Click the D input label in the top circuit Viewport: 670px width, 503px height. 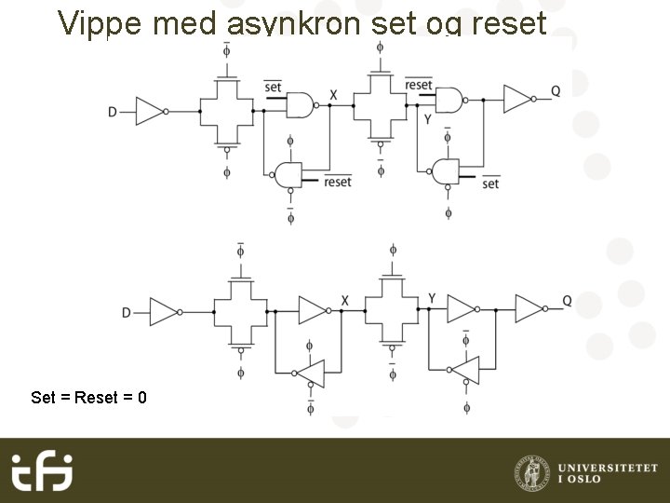click(113, 112)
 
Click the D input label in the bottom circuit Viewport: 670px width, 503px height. click(127, 313)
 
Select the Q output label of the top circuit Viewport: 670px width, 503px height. click(556, 90)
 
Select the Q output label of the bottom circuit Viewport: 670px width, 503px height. click(567, 300)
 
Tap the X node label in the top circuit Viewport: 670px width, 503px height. click(333, 95)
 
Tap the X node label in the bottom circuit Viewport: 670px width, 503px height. click(344, 301)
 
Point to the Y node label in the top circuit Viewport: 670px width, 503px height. click(427, 119)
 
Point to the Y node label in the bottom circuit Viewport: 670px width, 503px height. click(432, 298)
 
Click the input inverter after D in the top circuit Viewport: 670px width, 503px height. click(151, 111)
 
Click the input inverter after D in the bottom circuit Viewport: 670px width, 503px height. click(164, 312)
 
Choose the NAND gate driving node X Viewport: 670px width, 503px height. click(302, 105)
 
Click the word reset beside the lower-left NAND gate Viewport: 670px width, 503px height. click(338, 182)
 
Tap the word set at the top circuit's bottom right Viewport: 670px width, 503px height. click(490, 184)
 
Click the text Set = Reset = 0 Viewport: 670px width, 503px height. click(88, 398)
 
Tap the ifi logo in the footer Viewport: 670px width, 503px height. click(42, 470)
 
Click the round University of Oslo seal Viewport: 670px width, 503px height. click(531, 471)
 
